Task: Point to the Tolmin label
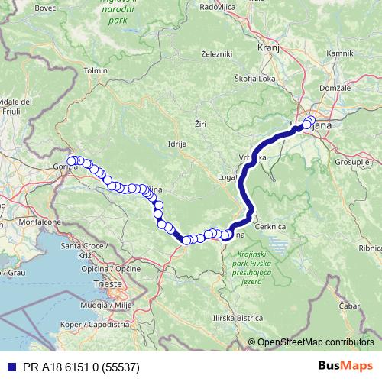[x=96, y=70]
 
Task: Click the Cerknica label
[x=290, y=227]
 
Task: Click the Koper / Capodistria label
[x=85, y=323]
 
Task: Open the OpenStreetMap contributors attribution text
[x=315, y=342]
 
